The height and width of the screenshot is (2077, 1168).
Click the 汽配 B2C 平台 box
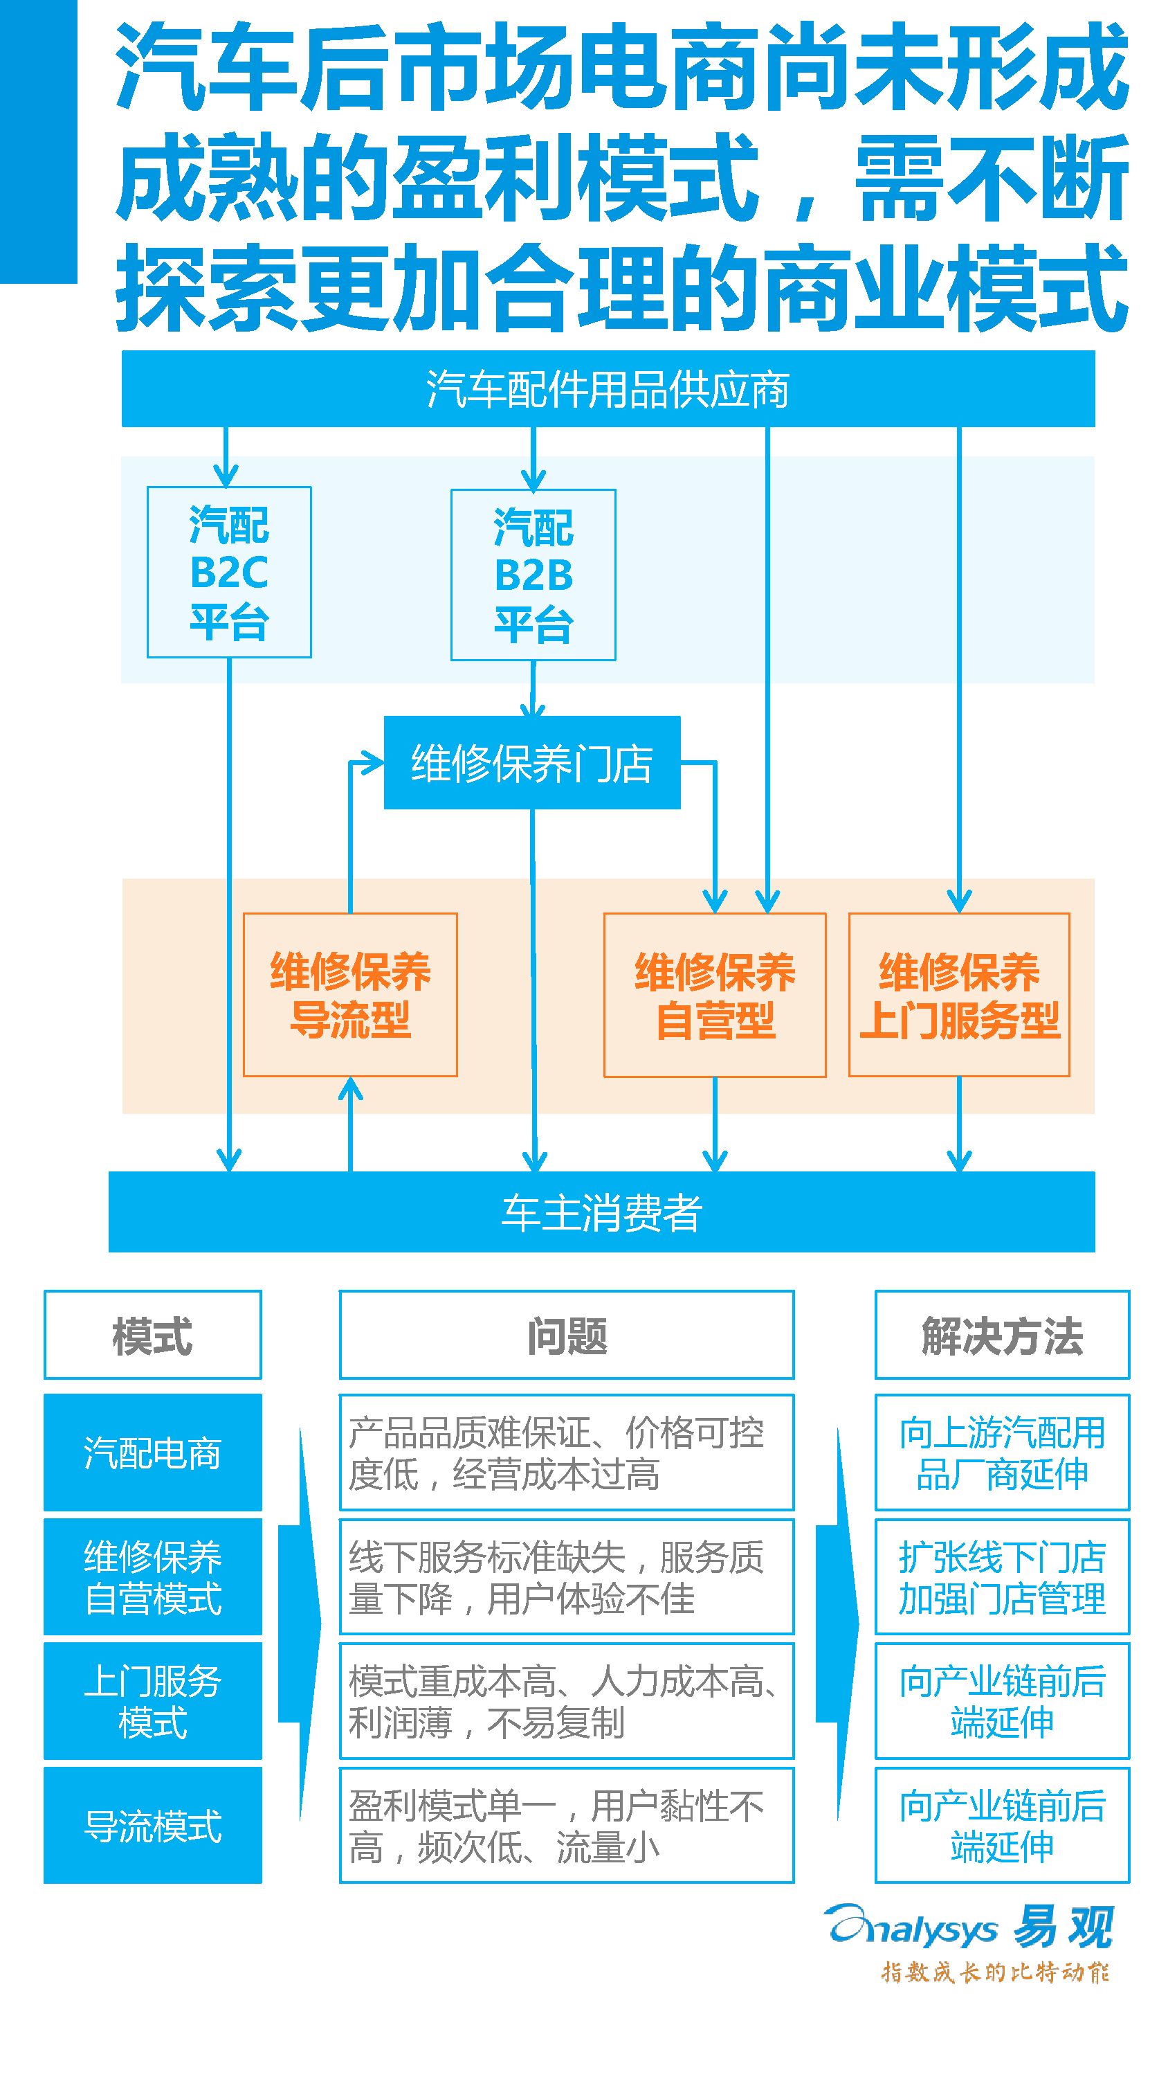tap(229, 573)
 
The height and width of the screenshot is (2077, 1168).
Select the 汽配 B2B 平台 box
tap(533, 575)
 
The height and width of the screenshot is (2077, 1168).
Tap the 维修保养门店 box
tap(532, 763)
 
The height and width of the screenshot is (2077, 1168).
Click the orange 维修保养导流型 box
tap(350, 994)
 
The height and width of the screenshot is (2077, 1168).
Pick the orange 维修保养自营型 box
tap(714, 994)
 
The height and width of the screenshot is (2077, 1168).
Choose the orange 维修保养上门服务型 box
tap(958, 994)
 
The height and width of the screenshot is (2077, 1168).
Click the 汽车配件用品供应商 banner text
tap(607, 389)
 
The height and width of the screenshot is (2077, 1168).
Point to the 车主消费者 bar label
tap(601, 1212)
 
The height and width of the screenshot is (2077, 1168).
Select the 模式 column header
tap(152, 1336)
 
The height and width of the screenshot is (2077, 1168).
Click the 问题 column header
tap(567, 1336)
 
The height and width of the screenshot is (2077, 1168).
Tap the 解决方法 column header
tap(1002, 1336)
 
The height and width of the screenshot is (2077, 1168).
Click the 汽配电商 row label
tap(152, 1452)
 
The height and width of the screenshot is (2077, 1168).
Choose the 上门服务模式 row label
tap(152, 1701)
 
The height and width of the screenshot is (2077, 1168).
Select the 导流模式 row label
tap(152, 1826)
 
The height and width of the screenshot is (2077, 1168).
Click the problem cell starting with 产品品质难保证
tap(567, 1452)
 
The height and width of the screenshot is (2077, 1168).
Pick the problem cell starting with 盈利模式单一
tap(567, 1826)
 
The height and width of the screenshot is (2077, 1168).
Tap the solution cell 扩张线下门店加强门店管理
tap(1002, 1576)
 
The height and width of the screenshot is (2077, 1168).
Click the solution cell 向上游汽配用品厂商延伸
tap(1002, 1452)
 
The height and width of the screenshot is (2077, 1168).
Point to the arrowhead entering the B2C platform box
tap(226, 476)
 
